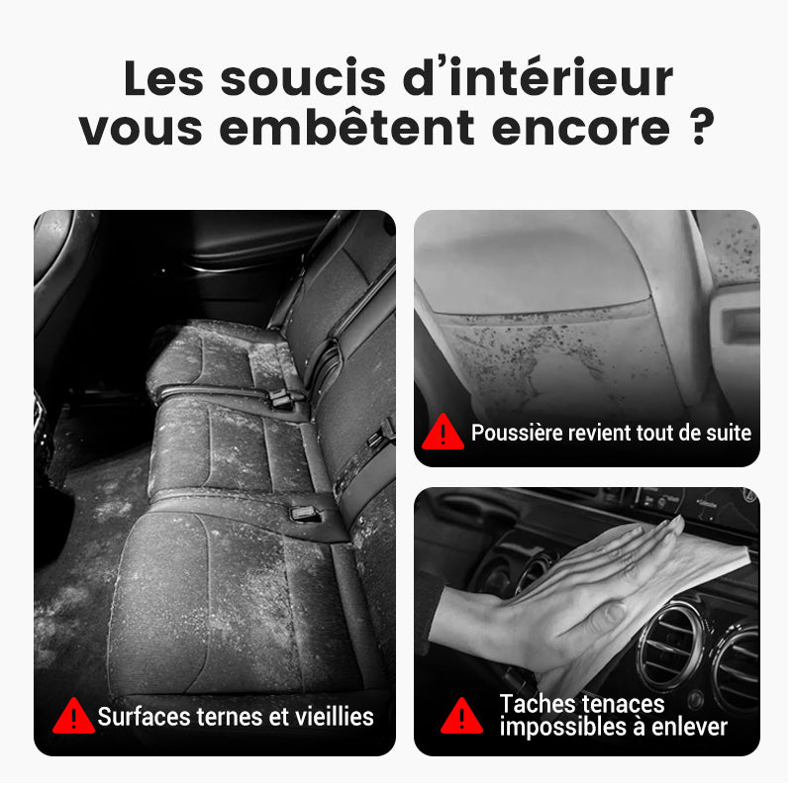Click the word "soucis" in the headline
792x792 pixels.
click(x=303, y=78)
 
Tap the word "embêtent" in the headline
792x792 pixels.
click(x=347, y=129)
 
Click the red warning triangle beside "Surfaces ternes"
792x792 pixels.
click(x=73, y=716)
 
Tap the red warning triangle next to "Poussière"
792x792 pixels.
click(x=443, y=433)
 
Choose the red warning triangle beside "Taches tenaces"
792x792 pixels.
click(x=461, y=716)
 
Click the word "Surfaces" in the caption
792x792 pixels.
click(x=144, y=717)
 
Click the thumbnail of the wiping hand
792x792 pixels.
click(x=587, y=622)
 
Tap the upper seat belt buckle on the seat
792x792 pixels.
click(x=281, y=399)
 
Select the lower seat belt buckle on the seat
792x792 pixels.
click(x=305, y=514)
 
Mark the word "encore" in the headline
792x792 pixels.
click(x=581, y=129)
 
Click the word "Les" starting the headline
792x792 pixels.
click(x=163, y=78)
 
